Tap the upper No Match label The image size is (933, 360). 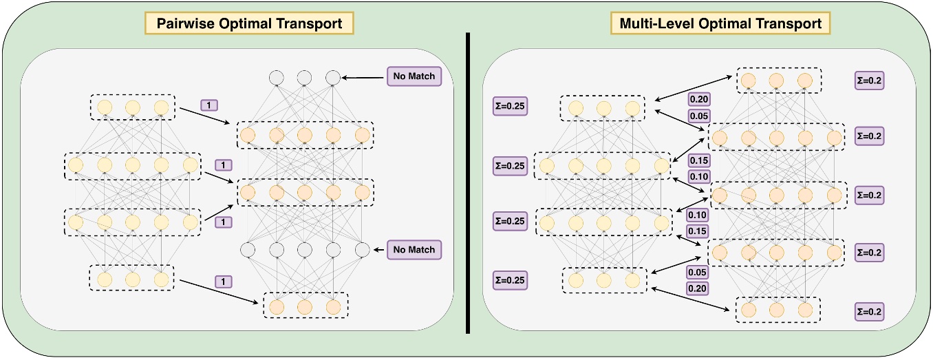pyautogui.click(x=414, y=76)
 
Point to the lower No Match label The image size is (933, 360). pyautogui.click(x=414, y=249)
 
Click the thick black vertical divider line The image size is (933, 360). pyautogui.click(x=468, y=182)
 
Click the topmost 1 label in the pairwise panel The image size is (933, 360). pyautogui.click(x=210, y=105)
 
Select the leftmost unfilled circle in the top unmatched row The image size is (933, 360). pyautogui.click(x=276, y=77)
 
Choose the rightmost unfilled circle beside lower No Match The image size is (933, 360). pyautogui.click(x=362, y=250)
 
